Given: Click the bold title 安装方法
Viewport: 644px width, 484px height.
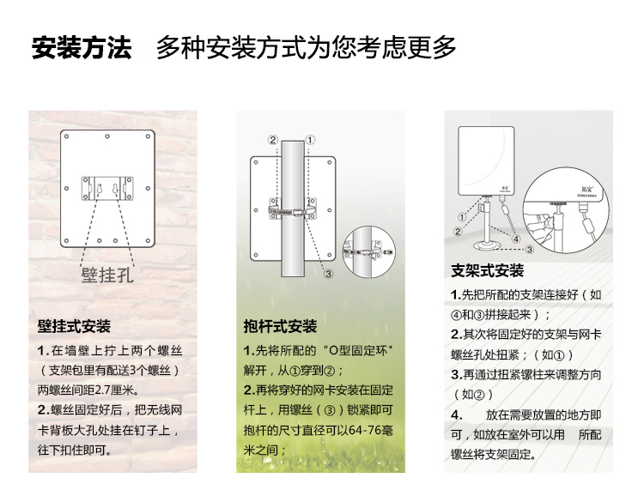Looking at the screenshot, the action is point(82,48).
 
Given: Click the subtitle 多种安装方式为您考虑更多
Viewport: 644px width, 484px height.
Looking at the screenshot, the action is point(306,48).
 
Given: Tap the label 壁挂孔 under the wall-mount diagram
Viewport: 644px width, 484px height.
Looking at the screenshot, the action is point(107,275).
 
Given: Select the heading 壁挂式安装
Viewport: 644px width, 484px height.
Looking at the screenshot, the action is point(74,327).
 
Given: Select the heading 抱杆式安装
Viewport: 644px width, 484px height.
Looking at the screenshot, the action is point(280,327).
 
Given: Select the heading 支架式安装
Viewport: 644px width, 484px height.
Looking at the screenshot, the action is point(487,270).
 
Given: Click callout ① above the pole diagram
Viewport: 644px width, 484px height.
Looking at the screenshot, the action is point(310,140).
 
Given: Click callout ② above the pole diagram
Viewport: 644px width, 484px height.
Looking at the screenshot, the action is point(273,140).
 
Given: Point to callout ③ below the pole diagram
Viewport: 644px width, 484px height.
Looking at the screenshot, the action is point(328,274).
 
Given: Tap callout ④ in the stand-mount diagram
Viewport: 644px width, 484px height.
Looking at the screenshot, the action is point(516,239).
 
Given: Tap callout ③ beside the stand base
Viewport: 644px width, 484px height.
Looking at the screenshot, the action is point(530,249).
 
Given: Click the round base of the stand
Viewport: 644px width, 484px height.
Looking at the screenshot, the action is point(488,246).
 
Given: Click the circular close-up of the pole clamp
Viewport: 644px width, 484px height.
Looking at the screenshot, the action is point(369,252).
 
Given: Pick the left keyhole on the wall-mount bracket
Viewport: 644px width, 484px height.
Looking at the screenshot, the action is point(99,188).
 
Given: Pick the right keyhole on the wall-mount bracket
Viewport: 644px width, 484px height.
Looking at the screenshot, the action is point(115,188).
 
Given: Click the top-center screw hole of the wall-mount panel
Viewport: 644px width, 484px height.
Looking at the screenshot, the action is point(107,136).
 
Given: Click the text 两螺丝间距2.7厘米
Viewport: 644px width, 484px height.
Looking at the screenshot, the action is point(85,390).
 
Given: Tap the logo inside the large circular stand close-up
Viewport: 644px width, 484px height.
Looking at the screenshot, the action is point(587,189).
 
